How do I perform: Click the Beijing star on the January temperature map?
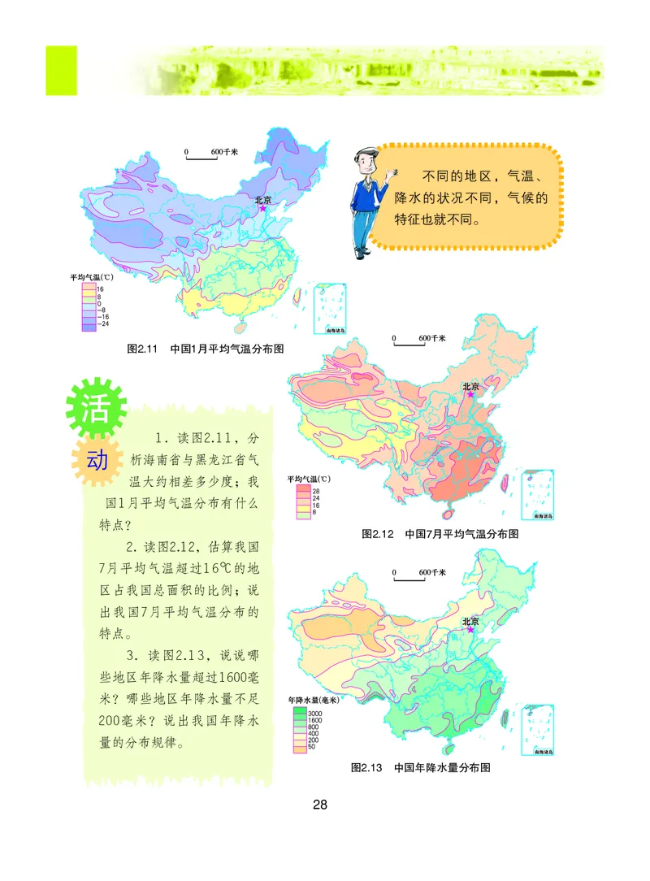(x=262, y=209)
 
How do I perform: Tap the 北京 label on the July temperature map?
(x=471, y=386)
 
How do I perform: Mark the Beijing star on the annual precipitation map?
(x=469, y=629)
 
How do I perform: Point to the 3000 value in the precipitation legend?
(x=316, y=712)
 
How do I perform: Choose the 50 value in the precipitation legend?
(x=313, y=747)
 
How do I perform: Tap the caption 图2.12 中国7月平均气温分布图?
(x=440, y=534)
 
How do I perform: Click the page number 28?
(x=320, y=805)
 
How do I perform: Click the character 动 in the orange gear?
(x=97, y=461)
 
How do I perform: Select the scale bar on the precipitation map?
(x=409, y=577)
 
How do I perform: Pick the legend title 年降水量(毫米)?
(x=313, y=699)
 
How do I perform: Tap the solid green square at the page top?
(x=61, y=71)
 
